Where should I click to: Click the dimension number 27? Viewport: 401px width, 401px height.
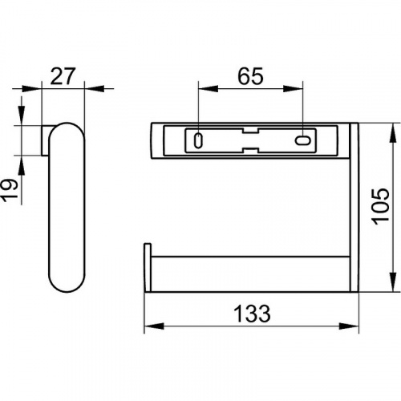tap(63, 76)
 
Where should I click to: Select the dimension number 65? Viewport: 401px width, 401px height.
tap(250, 76)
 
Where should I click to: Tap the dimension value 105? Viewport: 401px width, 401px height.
tap(380, 207)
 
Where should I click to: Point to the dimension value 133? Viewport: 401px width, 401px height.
tap(252, 314)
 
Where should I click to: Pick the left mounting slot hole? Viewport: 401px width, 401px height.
tap(198, 140)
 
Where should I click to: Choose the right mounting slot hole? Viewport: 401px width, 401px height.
tap(302, 140)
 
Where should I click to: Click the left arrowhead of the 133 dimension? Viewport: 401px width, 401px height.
tap(154, 326)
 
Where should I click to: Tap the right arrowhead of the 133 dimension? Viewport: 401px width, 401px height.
tap(349, 326)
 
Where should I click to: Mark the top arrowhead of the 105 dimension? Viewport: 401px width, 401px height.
tap(393, 133)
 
